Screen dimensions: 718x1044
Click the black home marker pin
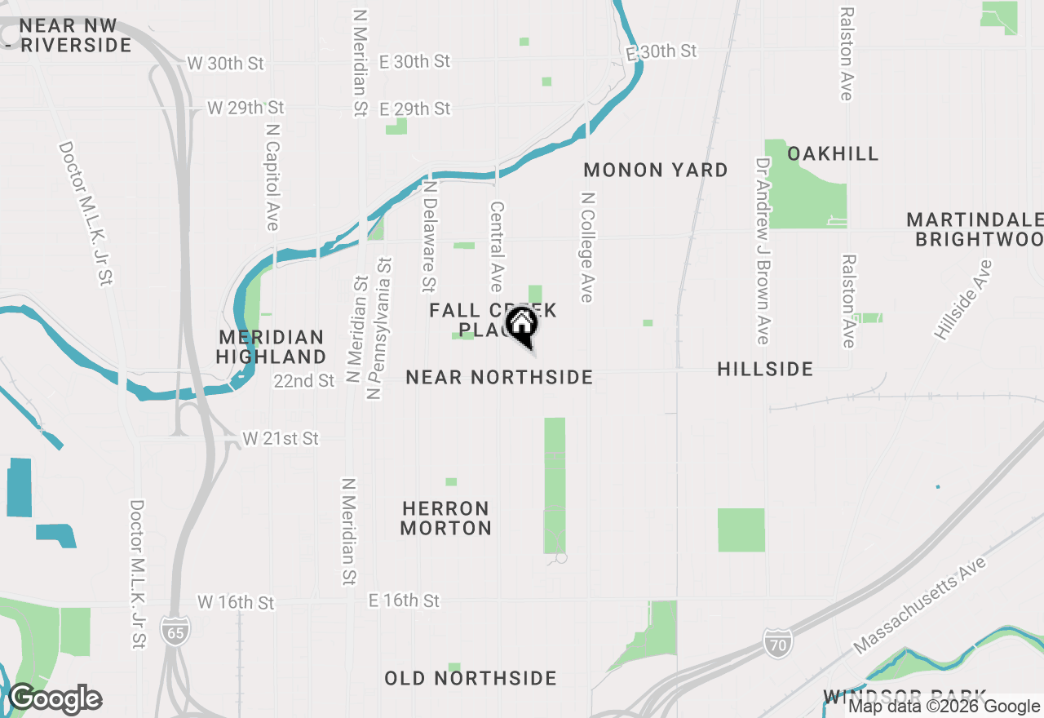[x=522, y=326]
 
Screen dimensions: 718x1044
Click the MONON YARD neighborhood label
[x=656, y=170]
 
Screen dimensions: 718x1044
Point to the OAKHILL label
[x=833, y=153]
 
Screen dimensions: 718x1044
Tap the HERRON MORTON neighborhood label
[x=445, y=518]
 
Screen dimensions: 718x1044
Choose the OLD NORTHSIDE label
[x=471, y=678]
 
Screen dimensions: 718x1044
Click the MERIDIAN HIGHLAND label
[x=271, y=347]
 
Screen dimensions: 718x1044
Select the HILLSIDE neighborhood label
[x=765, y=369]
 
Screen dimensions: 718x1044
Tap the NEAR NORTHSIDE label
[x=499, y=377]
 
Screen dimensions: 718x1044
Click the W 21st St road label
[x=281, y=439]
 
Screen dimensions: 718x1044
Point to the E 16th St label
[x=404, y=601]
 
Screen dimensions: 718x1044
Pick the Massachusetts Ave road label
[x=920, y=605]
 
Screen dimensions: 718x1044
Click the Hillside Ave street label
[x=964, y=299]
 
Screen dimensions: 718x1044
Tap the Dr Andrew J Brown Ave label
[x=762, y=251]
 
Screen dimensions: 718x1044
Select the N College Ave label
[x=586, y=247]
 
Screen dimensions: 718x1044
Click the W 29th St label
[x=246, y=108]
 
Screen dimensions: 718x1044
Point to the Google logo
[x=55, y=699]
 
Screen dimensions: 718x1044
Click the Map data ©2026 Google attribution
[x=944, y=707]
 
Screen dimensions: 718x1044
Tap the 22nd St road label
[x=304, y=381]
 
